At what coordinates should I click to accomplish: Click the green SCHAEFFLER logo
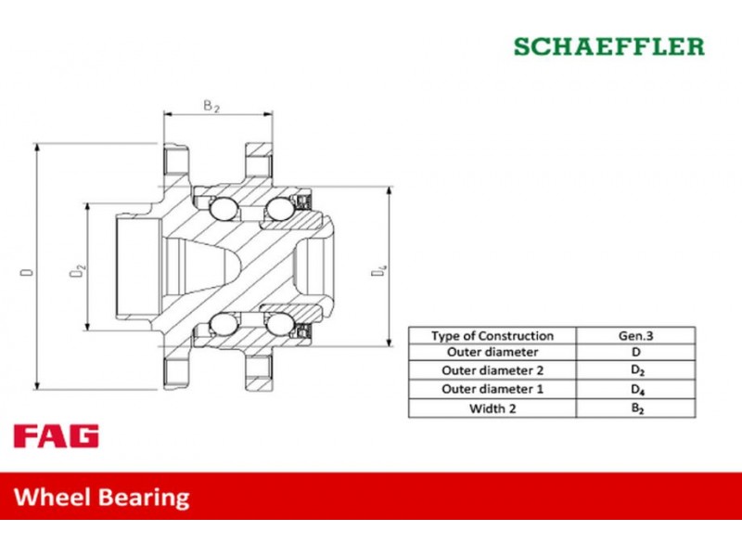point(609,46)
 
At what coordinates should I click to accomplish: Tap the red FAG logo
point(57,435)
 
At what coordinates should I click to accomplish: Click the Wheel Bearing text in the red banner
point(102,498)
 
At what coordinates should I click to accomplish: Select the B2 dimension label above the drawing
point(211,106)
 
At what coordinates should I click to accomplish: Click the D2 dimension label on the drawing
point(78,271)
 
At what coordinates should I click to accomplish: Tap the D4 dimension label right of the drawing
point(378,270)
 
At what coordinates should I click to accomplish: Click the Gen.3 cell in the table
point(635,335)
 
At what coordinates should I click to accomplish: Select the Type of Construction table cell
point(493,335)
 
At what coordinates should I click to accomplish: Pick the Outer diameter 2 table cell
point(493,370)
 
